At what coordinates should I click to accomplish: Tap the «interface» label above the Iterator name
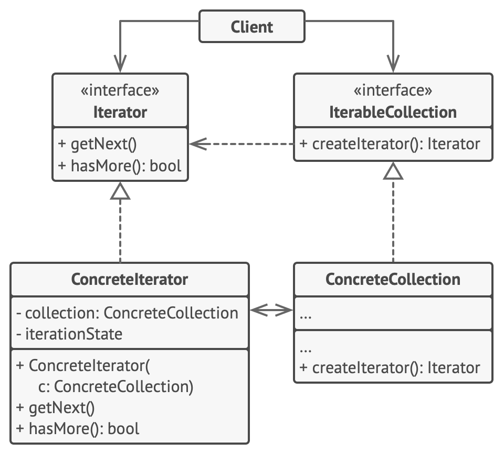120,90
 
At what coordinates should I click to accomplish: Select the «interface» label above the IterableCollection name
393,90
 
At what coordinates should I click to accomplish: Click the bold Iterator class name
120,112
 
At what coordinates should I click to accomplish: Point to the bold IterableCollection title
393,112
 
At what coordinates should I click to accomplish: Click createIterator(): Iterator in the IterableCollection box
389,144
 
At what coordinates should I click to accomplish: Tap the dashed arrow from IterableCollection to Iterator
241,143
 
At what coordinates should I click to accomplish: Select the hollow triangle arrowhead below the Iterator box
120,192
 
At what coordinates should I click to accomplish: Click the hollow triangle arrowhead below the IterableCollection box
393,171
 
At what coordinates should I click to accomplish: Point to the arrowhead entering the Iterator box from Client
120,66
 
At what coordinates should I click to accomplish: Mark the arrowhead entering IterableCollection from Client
393,66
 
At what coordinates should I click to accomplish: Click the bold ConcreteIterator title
129,279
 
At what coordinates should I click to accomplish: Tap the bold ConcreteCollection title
393,279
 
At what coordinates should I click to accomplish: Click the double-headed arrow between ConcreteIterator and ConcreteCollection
271,311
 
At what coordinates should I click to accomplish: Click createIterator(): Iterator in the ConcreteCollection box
389,368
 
